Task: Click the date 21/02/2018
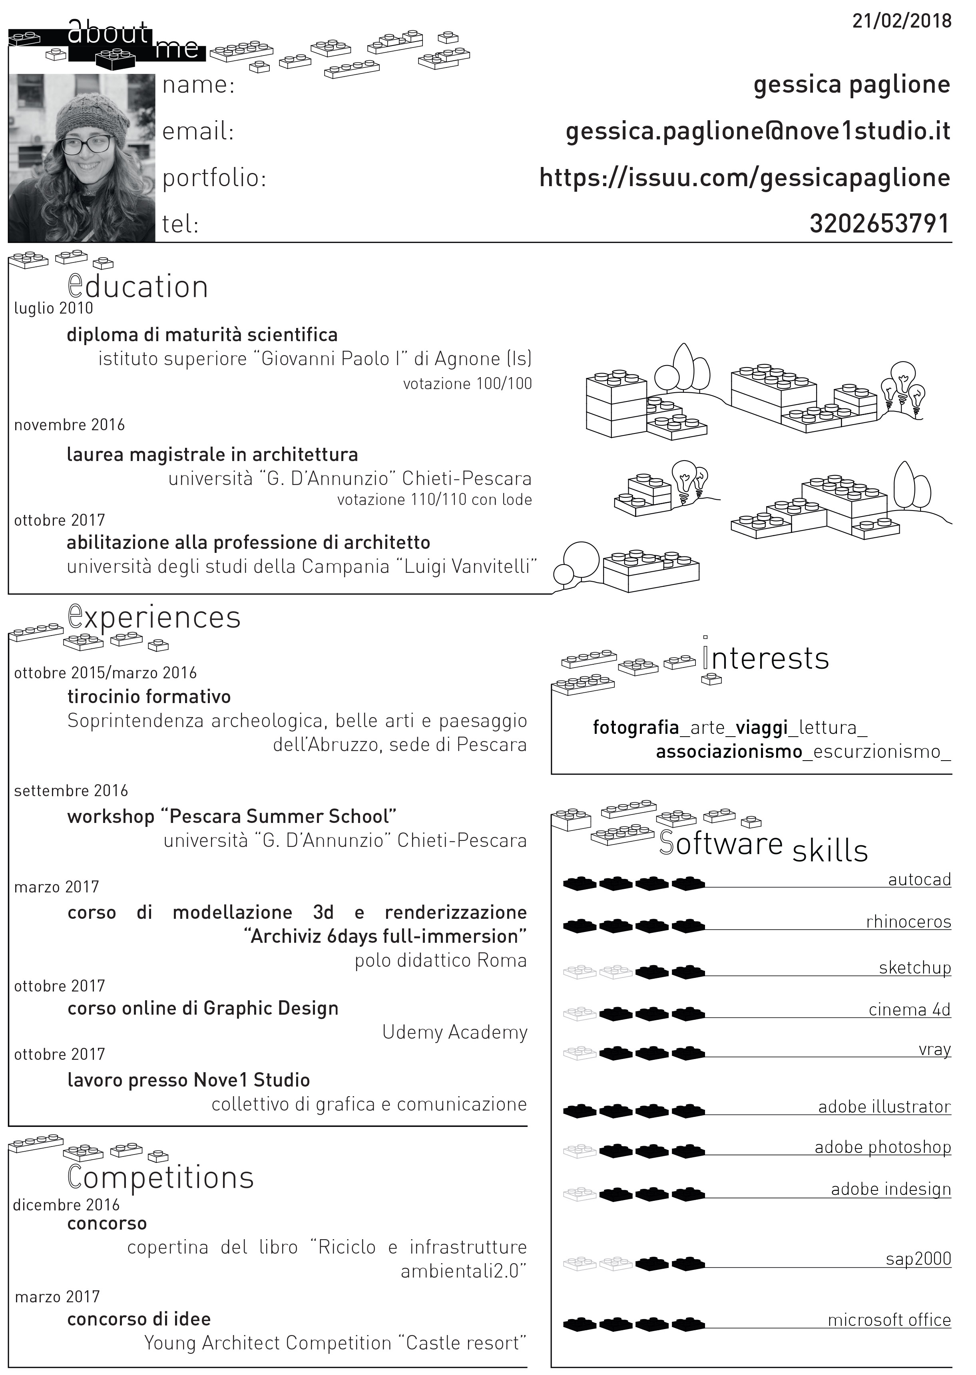pyautogui.click(x=902, y=22)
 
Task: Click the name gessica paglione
pyautogui.click(x=852, y=85)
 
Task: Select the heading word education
pyautogui.click(x=138, y=287)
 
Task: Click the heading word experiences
pyautogui.click(x=154, y=618)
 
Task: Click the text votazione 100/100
pyautogui.click(x=468, y=384)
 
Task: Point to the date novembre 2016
pyautogui.click(x=70, y=425)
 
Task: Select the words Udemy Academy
pyautogui.click(x=455, y=1032)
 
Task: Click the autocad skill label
pyautogui.click(x=920, y=880)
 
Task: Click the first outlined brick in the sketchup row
pyautogui.click(x=580, y=972)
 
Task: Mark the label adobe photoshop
pyautogui.click(x=883, y=1147)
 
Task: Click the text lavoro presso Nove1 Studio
pyautogui.click(x=189, y=1080)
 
